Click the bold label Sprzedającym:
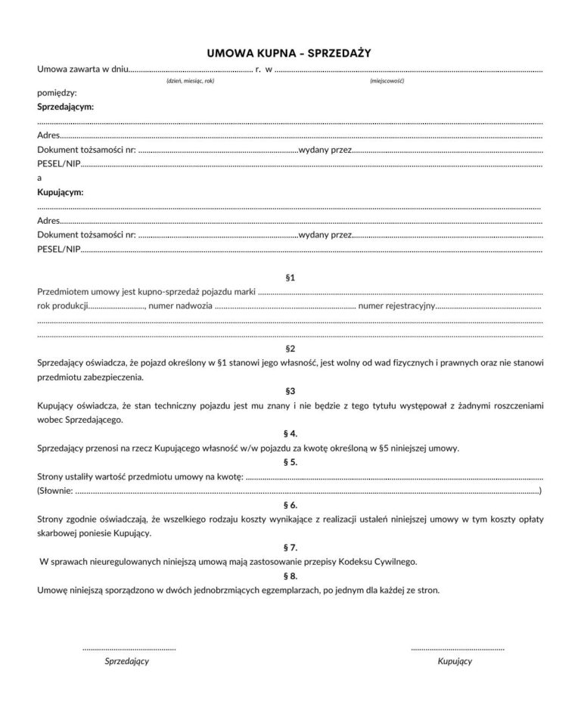(66, 107)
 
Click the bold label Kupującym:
(61, 192)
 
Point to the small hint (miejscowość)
(387, 81)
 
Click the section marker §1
(290, 278)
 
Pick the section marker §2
(290, 349)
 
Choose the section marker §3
(290, 391)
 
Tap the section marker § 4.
(290, 433)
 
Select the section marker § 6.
(290, 504)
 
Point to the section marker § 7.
(290, 547)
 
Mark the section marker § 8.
(290, 575)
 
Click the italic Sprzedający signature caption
(126, 661)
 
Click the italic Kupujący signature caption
(455, 661)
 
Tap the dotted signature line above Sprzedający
(129, 648)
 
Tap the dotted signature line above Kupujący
(457, 648)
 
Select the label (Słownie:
(55, 491)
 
